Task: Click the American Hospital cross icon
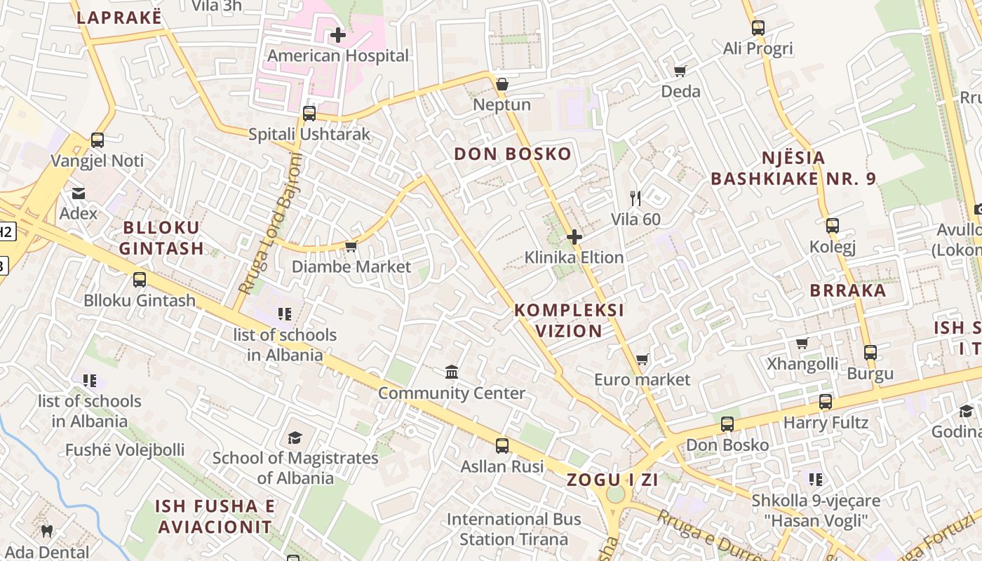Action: point(338,34)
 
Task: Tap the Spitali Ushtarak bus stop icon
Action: point(309,114)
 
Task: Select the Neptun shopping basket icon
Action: point(502,84)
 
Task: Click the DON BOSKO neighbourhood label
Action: point(513,154)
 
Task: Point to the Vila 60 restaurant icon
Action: point(635,198)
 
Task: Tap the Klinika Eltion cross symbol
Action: point(574,237)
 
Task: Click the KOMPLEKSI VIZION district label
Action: point(569,320)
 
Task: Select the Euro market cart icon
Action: point(642,359)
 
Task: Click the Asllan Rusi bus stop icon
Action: point(502,445)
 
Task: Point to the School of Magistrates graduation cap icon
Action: point(295,438)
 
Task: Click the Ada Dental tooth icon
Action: point(47,532)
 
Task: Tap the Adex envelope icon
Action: point(78,193)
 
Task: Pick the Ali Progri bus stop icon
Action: point(758,28)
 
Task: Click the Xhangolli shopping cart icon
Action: point(802,344)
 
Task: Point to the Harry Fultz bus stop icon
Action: point(826,403)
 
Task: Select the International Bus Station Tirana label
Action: point(514,529)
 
